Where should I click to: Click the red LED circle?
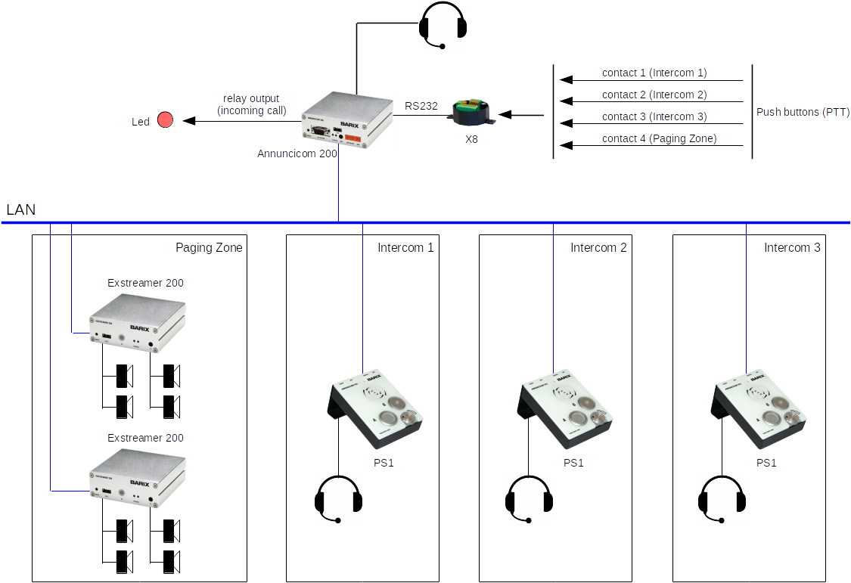click(166, 120)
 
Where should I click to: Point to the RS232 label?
click(421, 107)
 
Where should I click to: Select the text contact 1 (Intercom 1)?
click(654, 73)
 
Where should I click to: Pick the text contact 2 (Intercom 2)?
click(654, 95)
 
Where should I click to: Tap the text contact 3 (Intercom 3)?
click(654, 116)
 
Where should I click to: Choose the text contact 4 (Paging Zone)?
click(658, 138)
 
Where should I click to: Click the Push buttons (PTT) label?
click(803, 113)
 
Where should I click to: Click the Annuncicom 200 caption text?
click(297, 153)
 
